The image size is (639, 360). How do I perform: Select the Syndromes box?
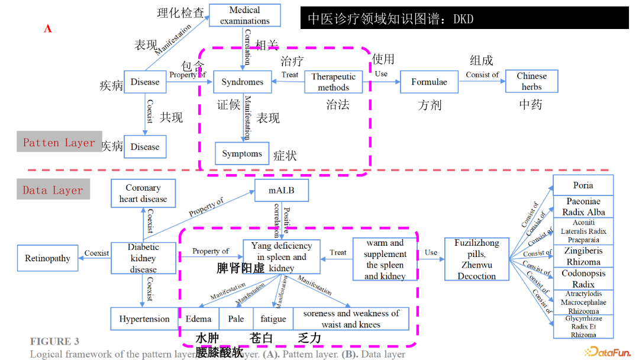(x=242, y=82)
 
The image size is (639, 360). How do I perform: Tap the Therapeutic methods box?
(x=333, y=82)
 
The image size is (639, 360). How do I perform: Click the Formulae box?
(x=429, y=82)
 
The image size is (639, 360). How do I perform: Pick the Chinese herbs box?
(x=531, y=82)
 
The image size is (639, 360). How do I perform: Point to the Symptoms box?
(x=242, y=154)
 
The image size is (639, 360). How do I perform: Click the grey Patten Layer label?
(x=59, y=142)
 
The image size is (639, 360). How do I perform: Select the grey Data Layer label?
(x=53, y=190)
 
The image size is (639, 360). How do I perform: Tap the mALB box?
(x=281, y=191)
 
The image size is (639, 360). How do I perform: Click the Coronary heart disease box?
(x=143, y=194)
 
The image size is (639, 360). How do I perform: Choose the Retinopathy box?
(x=47, y=258)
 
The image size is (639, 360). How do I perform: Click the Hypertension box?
(x=144, y=319)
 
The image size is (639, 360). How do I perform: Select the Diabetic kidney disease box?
(x=143, y=258)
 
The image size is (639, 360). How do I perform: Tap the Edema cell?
(x=198, y=319)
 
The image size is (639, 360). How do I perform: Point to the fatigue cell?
(x=273, y=319)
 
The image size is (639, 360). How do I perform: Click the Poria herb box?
(x=583, y=185)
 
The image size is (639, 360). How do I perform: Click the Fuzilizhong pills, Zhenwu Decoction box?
(x=476, y=259)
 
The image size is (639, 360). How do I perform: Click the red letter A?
(x=48, y=28)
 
